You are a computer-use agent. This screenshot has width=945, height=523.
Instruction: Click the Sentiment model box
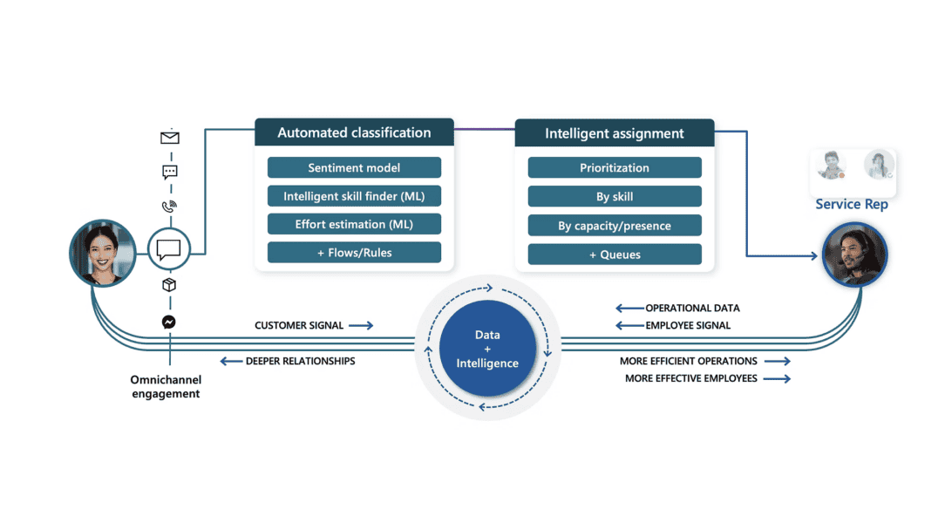click(354, 168)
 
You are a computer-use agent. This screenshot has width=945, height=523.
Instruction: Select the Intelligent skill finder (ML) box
click(354, 196)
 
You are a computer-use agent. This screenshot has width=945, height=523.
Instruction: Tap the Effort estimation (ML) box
click(354, 224)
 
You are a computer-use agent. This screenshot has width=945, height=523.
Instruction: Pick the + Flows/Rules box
click(354, 253)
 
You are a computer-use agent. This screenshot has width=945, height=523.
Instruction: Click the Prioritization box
click(615, 168)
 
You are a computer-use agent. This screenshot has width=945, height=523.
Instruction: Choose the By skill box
click(615, 196)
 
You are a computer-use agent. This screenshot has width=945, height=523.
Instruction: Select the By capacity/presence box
click(615, 226)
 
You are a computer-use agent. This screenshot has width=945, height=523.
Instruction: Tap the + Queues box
click(615, 255)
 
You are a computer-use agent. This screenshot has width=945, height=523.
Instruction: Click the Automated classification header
click(354, 132)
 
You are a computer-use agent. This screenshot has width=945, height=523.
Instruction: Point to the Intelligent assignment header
click(615, 133)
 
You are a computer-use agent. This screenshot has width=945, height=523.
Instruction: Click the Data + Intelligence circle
click(487, 349)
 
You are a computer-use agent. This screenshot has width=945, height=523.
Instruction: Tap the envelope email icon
click(170, 138)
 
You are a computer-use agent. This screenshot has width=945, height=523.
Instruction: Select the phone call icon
click(169, 207)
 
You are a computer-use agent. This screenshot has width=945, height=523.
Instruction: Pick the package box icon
click(169, 285)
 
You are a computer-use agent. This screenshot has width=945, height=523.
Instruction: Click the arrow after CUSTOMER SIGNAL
click(362, 326)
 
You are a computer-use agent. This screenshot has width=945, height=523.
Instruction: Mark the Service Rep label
click(852, 205)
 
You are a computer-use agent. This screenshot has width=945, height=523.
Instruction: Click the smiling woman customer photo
click(103, 253)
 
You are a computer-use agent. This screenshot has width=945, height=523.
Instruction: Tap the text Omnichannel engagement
click(166, 387)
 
